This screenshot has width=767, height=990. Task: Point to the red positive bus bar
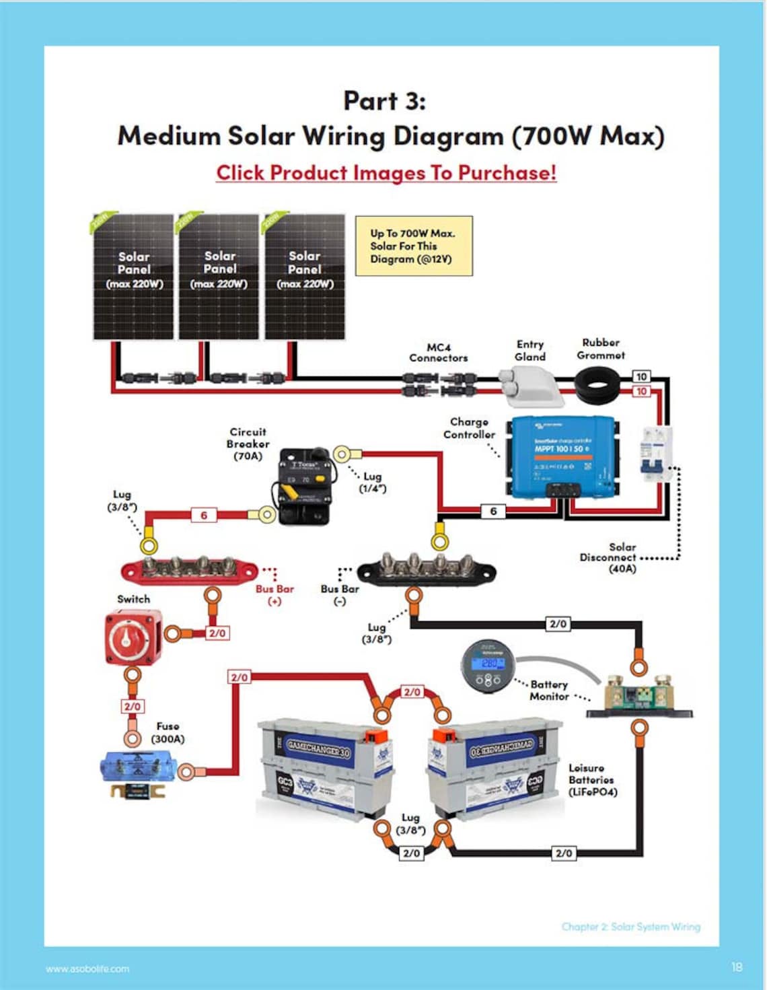pos(189,570)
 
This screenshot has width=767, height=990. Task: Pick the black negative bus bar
pos(426,571)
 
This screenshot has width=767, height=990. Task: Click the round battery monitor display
pos(489,665)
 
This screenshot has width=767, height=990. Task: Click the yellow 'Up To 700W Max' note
pos(413,246)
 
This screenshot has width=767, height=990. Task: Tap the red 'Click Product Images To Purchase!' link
pos(386,173)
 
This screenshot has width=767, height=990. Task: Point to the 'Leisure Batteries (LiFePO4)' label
pos(592,779)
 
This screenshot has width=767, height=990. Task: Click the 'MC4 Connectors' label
pos(438,353)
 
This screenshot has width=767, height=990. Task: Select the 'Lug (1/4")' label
pos(372,482)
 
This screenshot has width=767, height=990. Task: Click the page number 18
pos(737,966)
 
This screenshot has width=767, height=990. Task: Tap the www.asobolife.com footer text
pos(87,968)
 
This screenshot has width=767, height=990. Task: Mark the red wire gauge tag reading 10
pos(642,391)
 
